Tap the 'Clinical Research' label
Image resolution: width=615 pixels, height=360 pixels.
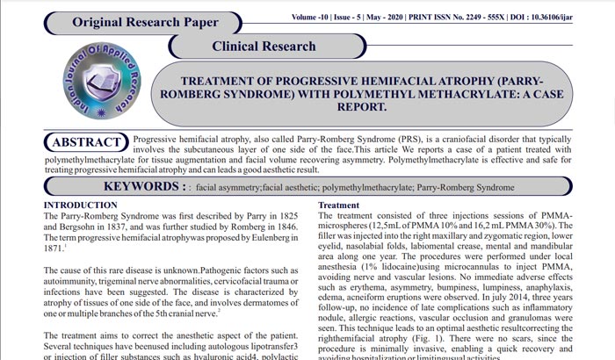point(264,45)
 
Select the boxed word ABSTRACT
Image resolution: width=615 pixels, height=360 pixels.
point(86,142)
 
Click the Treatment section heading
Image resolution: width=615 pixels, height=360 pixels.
point(338,205)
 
